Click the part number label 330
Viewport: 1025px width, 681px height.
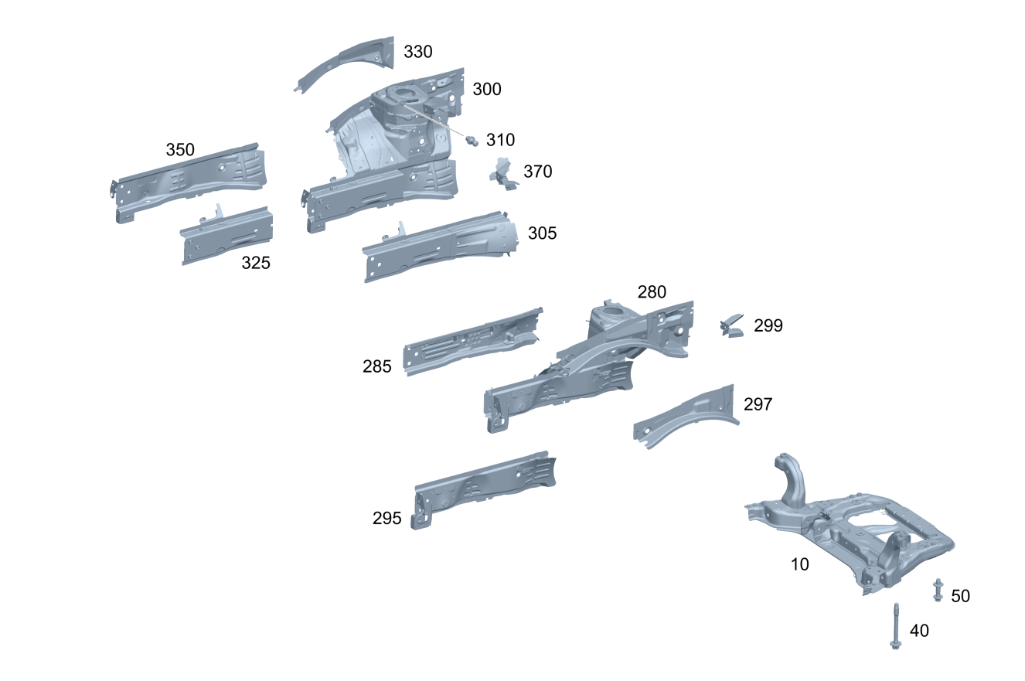click(x=418, y=52)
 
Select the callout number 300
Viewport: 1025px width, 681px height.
click(x=487, y=89)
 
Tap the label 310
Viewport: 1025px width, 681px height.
click(x=500, y=140)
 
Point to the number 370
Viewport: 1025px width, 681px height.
click(x=538, y=172)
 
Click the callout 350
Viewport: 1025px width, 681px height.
click(x=180, y=150)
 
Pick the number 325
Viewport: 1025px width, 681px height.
click(x=256, y=263)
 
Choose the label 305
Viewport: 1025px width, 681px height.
click(x=542, y=233)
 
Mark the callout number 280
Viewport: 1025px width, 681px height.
click(x=652, y=292)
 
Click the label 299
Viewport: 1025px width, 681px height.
click(x=768, y=326)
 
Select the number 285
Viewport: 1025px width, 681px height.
click(x=377, y=367)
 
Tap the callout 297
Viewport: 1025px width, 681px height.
click(x=758, y=404)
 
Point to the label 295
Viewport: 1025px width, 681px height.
click(x=387, y=519)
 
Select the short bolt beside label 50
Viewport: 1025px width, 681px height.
click(x=938, y=590)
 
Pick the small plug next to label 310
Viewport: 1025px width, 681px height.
click(x=471, y=139)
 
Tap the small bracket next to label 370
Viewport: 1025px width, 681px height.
click(x=503, y=173)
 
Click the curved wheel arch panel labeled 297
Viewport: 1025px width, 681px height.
click(x=684, y=417)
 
